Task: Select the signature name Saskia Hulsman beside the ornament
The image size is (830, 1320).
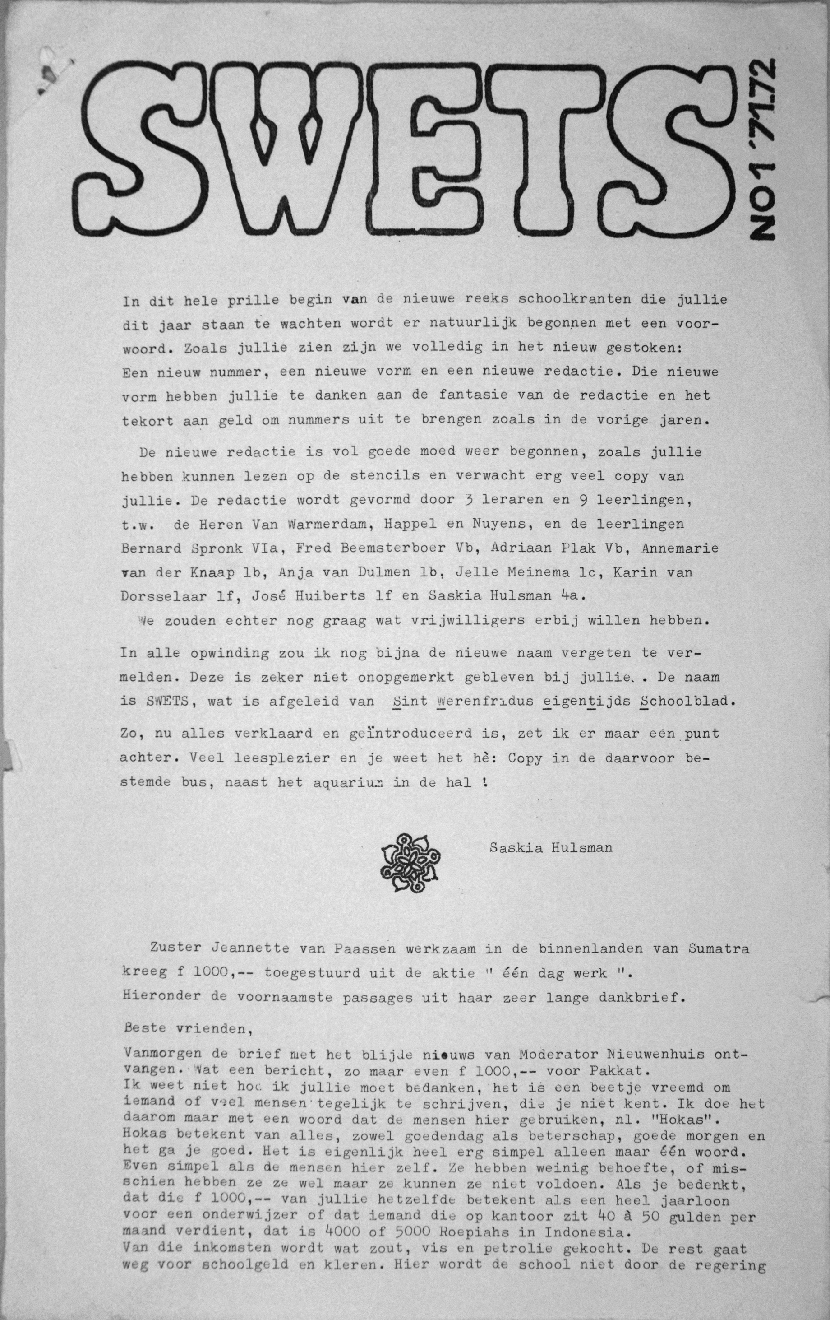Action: [x=551, y=848]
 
